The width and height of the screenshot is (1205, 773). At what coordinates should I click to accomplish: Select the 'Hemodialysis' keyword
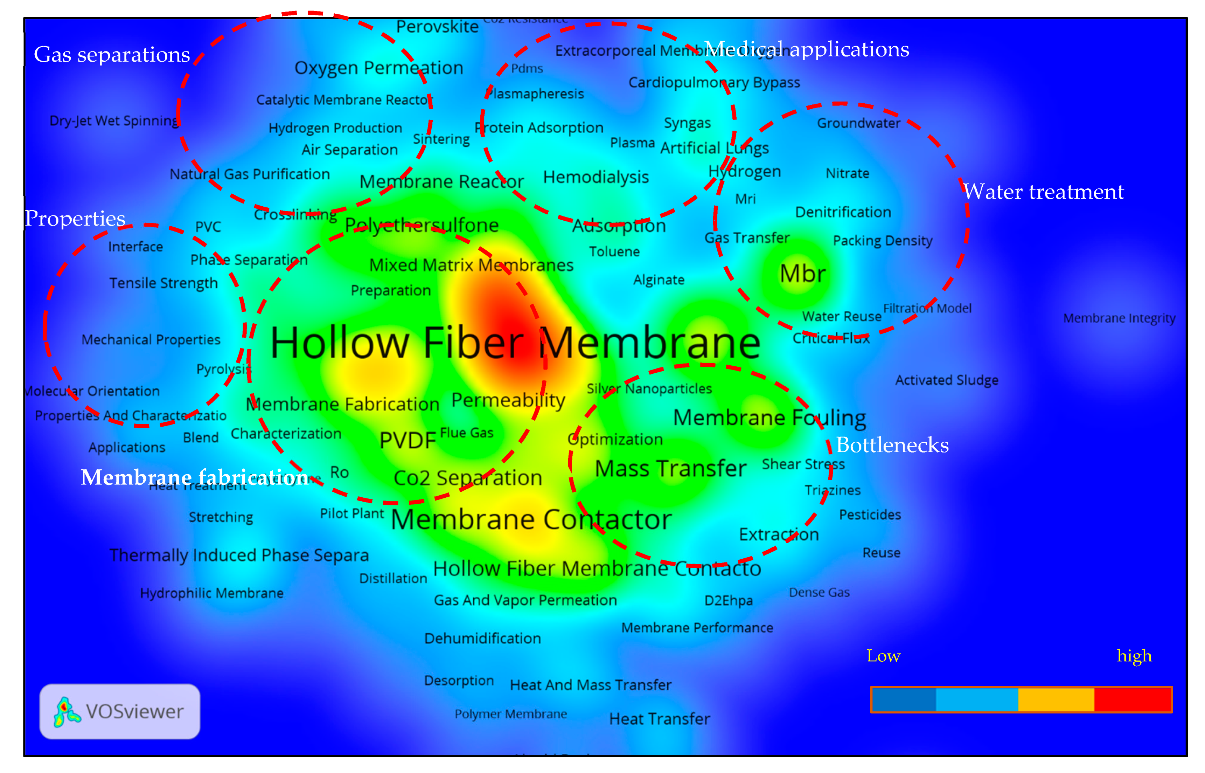(595, 177)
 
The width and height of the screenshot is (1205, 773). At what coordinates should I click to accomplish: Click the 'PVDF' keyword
(408, 441)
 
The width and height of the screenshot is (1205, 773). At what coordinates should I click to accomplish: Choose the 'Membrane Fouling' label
(769, 417)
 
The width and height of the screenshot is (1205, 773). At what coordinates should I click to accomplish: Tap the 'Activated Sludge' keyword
(946, 380)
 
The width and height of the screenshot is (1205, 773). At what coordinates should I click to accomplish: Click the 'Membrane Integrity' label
(1119, 318)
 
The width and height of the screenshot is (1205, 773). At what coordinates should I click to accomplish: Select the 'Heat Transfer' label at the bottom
(659, 719)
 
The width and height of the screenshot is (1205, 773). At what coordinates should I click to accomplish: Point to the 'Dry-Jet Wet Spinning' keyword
(114, 121)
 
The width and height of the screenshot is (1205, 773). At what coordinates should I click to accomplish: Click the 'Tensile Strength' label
(163, 283)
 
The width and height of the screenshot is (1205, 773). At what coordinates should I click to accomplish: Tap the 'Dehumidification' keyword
(482, 639)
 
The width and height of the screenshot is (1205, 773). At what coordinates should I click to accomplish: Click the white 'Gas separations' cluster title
(112, 54)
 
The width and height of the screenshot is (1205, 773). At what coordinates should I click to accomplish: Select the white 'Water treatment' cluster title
(1043, 192)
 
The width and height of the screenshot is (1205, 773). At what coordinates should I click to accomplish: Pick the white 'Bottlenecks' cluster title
(892, 445)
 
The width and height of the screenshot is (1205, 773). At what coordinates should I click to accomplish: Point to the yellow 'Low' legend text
(883, 656)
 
